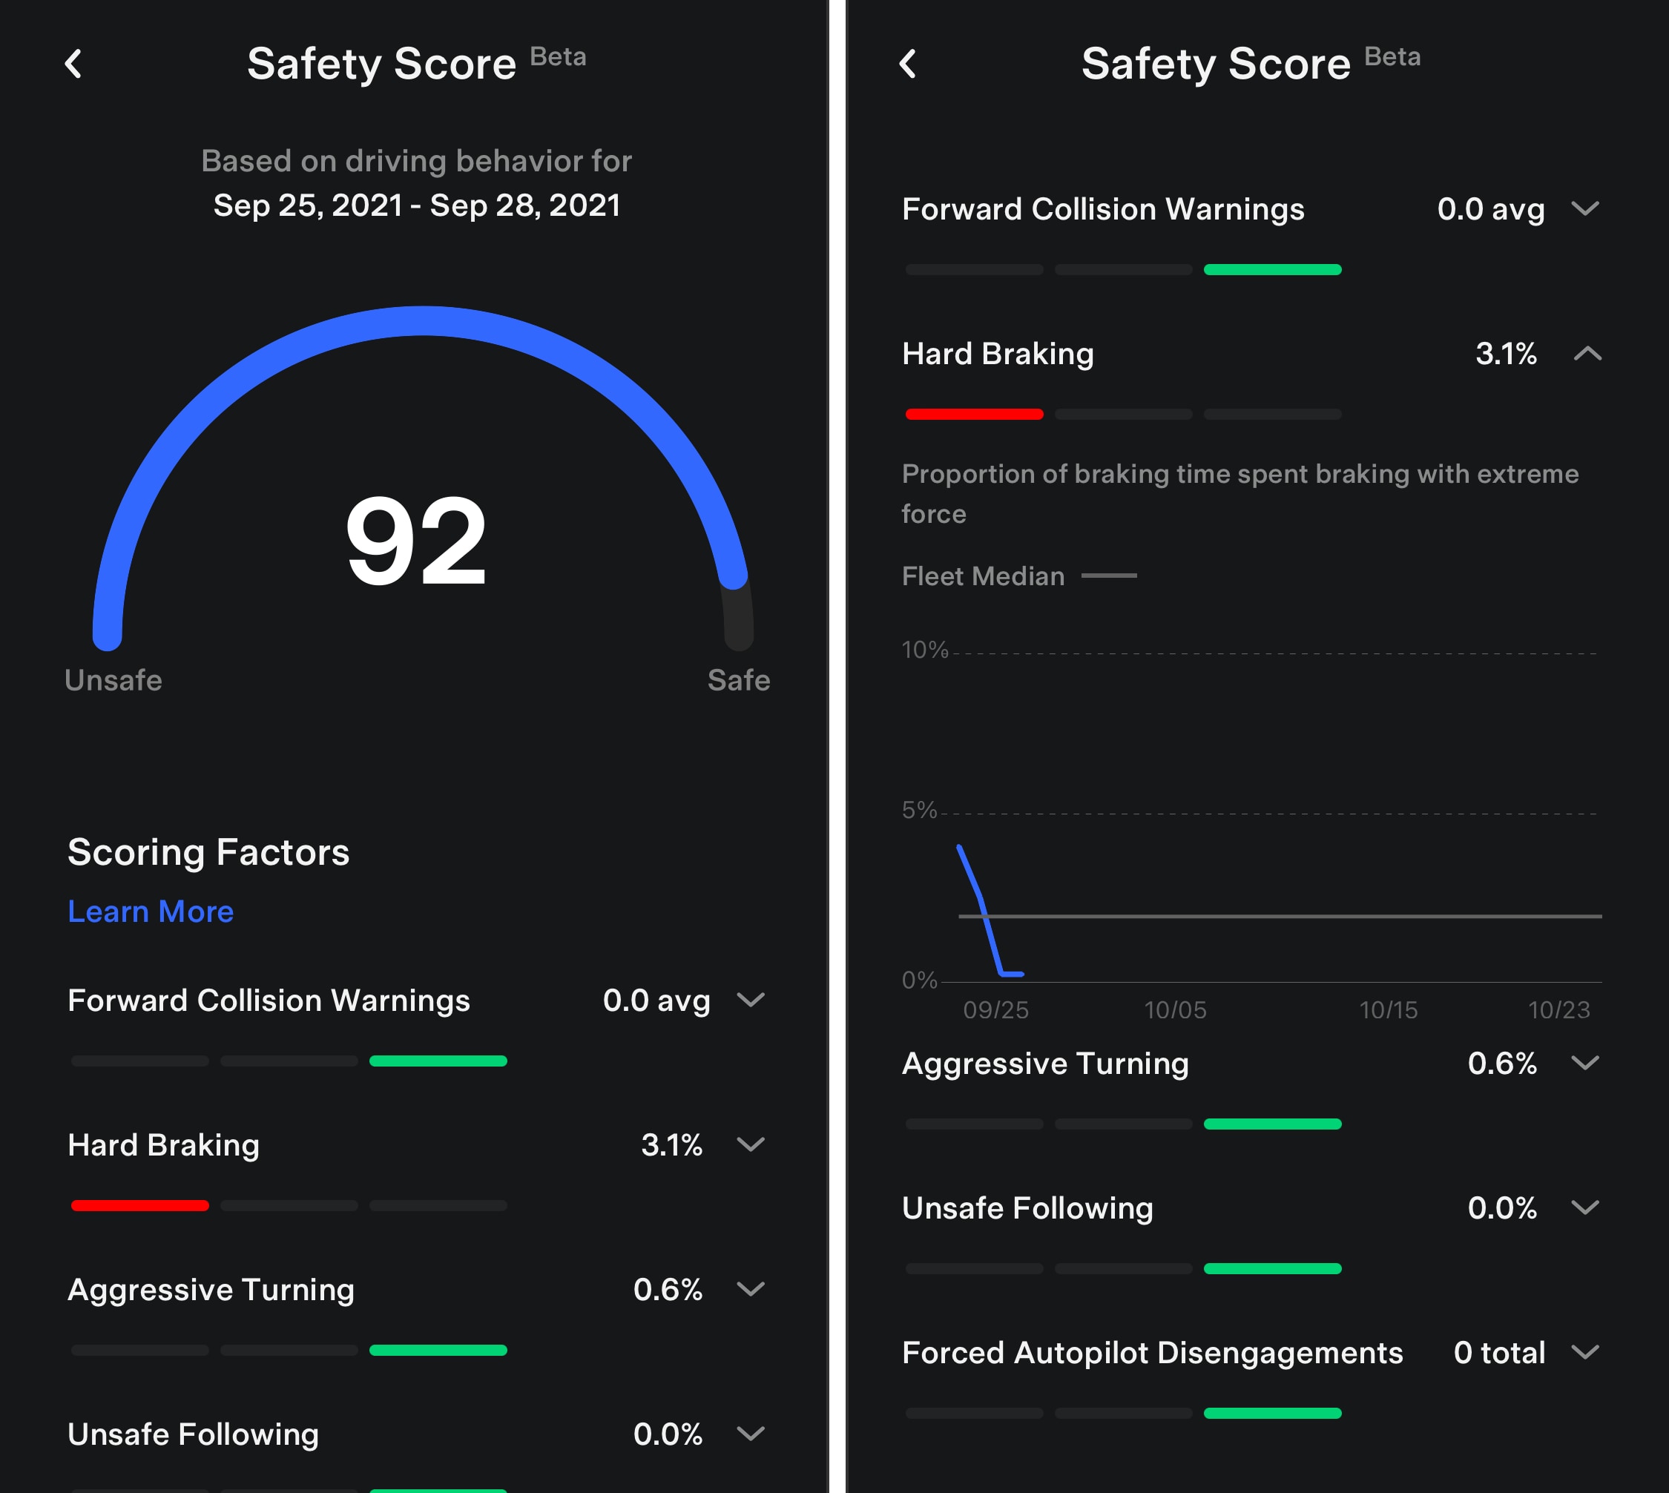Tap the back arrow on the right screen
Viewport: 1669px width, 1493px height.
point(907,64)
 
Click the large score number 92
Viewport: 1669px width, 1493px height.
point(416,541)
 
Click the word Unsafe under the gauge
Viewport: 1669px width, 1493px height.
point(113,680)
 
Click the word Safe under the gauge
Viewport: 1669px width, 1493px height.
point(739,680)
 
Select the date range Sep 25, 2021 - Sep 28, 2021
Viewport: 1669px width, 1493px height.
point(417,205)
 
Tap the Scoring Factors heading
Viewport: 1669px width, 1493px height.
point(208,852)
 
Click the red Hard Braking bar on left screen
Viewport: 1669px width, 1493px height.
point(139,1205)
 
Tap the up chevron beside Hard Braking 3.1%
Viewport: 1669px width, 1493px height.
point(1587,354)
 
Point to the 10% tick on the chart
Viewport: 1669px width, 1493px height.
point(925,650)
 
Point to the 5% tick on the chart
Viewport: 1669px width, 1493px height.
point(919,810)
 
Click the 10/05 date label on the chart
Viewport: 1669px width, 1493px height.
point(1175,1010)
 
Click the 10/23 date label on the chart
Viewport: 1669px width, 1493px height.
point(1558,1010)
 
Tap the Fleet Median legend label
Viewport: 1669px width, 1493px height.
point(983,576)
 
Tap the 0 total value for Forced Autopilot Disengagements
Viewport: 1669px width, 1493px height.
point(1499,1353)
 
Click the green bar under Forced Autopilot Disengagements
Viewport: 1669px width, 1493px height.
point(1272,1413)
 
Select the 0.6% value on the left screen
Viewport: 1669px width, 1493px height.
point(667,1290)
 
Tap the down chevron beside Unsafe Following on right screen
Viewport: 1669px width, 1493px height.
point(1584,1207)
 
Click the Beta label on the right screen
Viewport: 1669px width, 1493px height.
point(1392,56)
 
